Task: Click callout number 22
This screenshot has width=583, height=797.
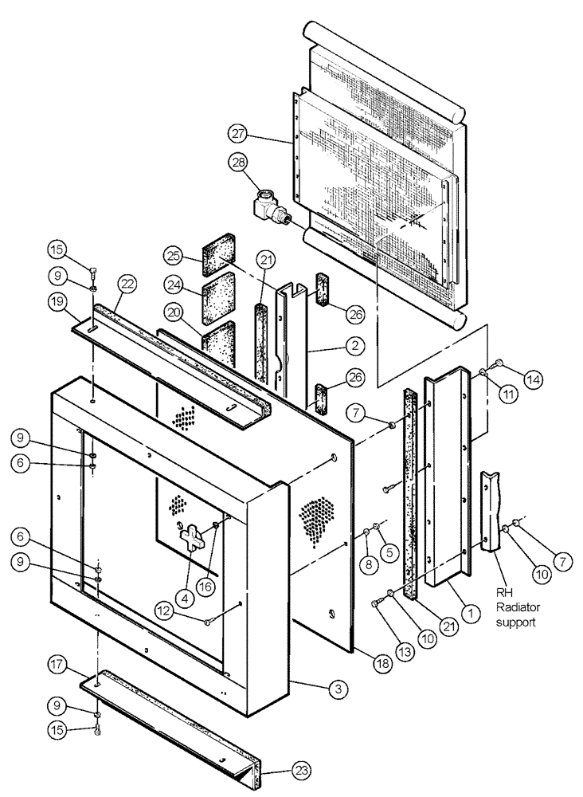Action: click(x=127, y=283)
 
